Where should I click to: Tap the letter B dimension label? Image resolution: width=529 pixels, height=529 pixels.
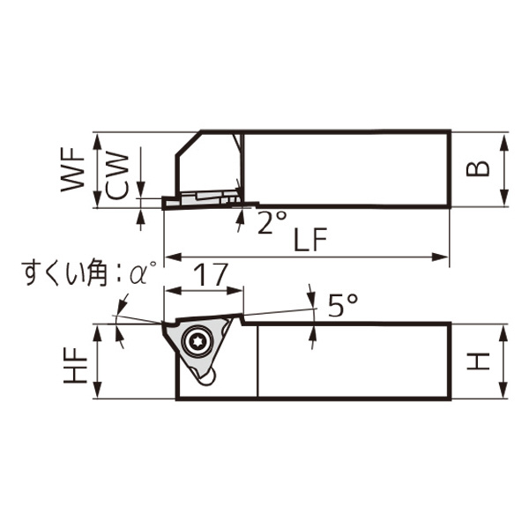point(478,169)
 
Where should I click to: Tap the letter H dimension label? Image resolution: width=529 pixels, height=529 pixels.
point(478,361)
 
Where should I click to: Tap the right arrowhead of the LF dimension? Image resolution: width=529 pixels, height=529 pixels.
point(444,257)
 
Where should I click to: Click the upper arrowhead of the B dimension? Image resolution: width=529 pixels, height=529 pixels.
point(503,139)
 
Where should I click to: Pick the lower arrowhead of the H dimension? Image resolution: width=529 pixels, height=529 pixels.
point(503,393)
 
